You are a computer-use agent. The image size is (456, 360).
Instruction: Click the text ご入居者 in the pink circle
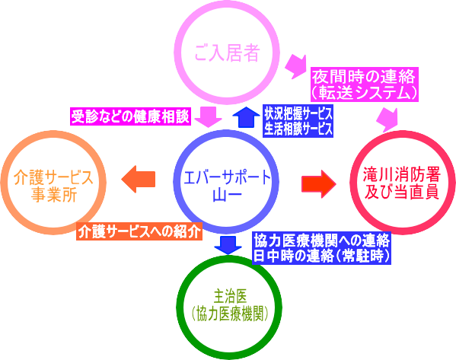pos(227,53)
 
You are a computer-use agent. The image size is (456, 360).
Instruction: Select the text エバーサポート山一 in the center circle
pos(227,186)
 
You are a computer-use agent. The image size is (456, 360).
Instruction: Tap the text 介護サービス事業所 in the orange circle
pos(53,186)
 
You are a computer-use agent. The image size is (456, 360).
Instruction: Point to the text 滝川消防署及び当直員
pos(402,183)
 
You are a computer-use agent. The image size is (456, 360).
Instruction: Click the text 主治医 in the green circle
pos(230,296)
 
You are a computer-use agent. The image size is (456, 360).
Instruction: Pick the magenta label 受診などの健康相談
pos(130,116)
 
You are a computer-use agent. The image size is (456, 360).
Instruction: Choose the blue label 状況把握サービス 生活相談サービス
pos(298,121)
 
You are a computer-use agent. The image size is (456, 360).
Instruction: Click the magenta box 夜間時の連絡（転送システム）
pos(365,84)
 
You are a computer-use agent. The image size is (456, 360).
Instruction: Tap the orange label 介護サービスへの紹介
pos(139,231)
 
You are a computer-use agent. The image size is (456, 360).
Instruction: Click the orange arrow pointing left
pos(138,179)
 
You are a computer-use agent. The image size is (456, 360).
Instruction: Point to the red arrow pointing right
pos(319,183)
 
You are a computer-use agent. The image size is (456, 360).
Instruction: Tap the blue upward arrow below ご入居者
pos(246,117)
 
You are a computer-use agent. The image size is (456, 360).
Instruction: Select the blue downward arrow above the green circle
pos(228,245)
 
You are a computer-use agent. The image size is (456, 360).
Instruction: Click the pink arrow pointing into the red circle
pos(387,119)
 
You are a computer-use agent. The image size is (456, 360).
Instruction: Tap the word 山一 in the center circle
pos(227,195)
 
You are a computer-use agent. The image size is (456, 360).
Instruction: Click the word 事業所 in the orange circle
pos(53,195)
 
